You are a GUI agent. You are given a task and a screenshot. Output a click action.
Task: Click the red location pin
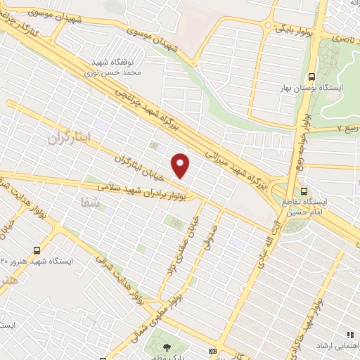181,165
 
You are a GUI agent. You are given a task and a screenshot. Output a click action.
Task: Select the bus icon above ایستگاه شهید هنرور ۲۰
37,250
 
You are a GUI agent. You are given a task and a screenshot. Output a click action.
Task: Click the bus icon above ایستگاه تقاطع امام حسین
303,191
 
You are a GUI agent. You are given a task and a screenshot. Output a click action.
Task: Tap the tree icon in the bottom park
167,347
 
